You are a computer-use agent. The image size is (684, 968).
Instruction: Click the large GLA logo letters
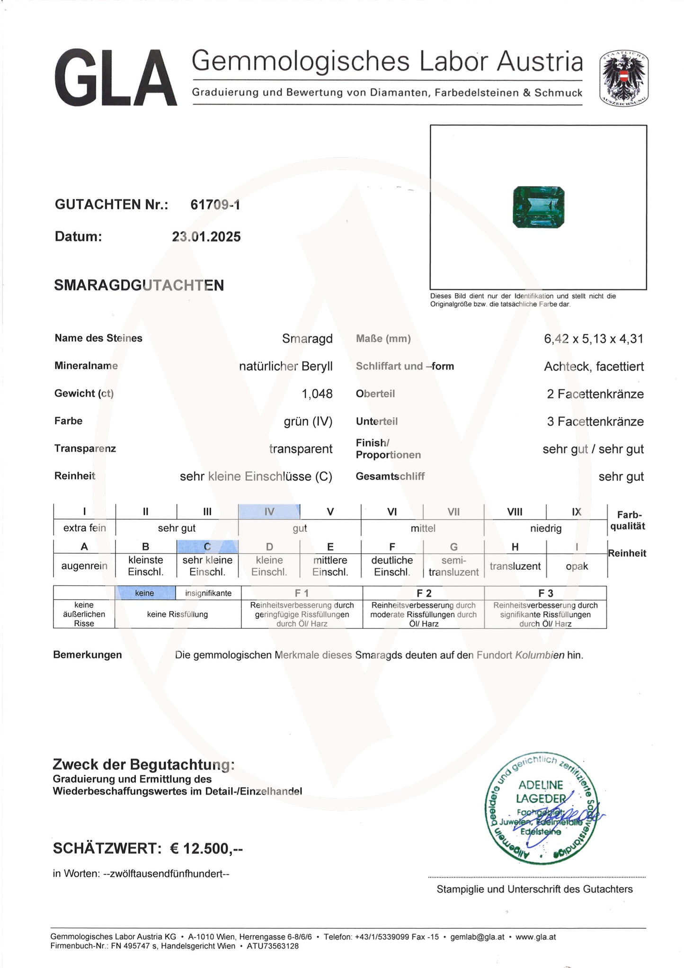coord(115,79)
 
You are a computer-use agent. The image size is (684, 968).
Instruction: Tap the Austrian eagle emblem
coord(623,78)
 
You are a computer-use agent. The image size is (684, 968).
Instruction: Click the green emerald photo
coord(539,207)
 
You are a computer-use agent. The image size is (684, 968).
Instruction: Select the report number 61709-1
coord(215,205)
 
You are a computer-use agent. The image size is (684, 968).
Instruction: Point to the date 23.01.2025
coord(206,237)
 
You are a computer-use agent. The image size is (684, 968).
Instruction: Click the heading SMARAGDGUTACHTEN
coord(139,285)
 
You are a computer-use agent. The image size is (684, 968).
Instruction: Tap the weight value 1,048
coord(317,394)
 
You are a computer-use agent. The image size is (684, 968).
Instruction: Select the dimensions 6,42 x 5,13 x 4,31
coord(594,339)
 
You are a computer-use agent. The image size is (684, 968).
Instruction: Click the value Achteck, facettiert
coord(594,366)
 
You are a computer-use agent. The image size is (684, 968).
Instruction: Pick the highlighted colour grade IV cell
coord(269,511)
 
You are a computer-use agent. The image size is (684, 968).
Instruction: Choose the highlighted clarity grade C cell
coord(207,547)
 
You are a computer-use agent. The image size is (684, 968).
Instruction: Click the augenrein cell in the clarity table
coord(84,566)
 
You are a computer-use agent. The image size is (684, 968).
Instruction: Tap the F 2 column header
coord(424,593)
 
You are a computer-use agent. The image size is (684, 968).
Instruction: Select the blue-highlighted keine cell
coord(145,593)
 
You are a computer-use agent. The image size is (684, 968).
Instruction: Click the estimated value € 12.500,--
coord(206,848)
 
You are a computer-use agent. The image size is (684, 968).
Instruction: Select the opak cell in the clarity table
coord(577,566)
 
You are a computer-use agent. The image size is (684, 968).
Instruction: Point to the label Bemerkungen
coord(88,655)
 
